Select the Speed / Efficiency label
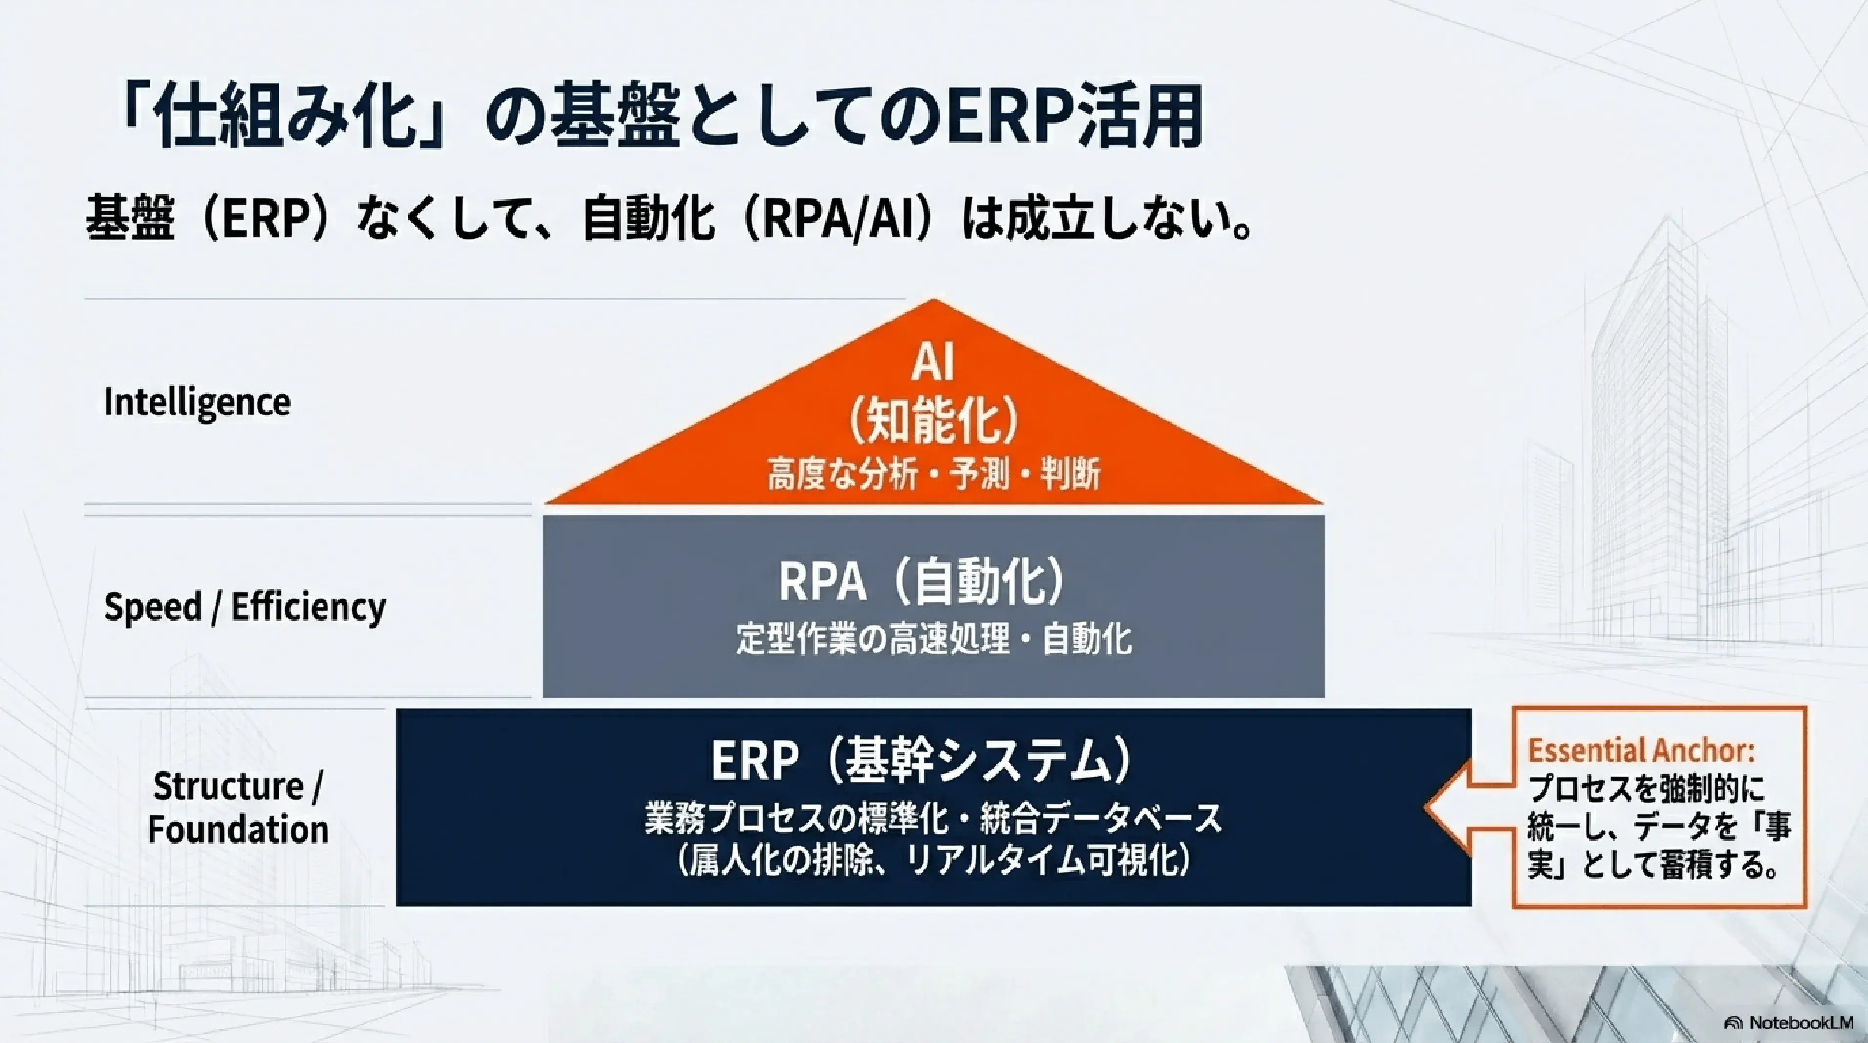[244, 607]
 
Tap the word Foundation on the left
[238, 829]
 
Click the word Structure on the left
[228, 786]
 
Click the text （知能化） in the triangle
[933, 421]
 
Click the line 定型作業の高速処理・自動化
[934, 640]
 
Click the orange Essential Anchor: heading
[1641, 751]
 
